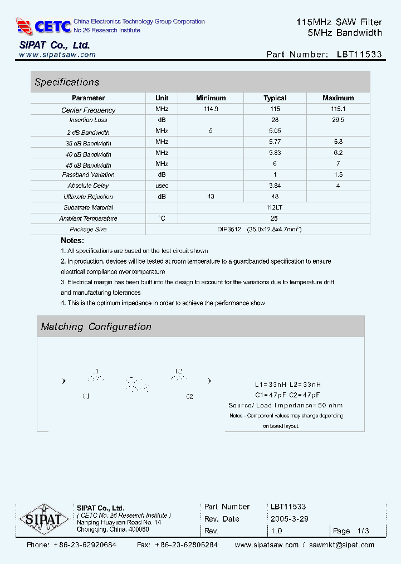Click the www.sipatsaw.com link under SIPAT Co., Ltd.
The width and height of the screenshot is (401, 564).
pos(57,55)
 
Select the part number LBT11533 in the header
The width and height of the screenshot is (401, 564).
pos(359,55)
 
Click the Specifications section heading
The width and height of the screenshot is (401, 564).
pos(67,82)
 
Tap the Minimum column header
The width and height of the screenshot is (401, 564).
pos(211,98)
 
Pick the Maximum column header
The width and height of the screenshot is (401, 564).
pos(338,98)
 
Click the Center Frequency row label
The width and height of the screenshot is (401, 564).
pos(88,110)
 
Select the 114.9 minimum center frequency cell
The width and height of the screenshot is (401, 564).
pos(211,109)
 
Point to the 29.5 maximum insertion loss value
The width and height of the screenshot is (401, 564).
pos(338,120)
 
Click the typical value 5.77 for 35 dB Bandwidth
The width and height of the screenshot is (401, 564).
pos(275,142)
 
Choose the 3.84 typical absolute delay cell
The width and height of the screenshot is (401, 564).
pos(275,186)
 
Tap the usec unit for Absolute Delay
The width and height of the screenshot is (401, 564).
pos(162,186)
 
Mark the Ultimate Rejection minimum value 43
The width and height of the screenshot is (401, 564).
pos(211,196)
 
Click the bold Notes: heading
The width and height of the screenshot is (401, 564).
pos(72,240)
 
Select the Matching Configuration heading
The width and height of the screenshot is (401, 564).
pos(96,327)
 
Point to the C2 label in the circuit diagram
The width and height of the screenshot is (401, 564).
pos(189,396)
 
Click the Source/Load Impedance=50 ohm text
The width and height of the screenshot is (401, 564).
pos(286,405)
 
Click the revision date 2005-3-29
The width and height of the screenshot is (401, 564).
pos(290,519)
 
